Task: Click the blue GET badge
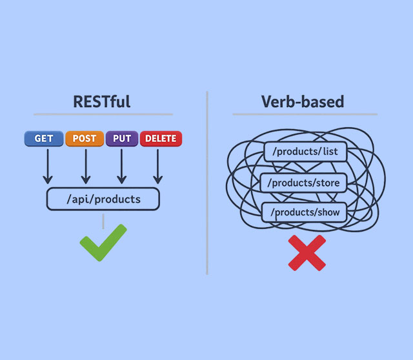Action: [x=44, y=139]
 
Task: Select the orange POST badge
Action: [x=84, y=139]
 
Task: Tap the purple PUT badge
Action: [x=121, y=139]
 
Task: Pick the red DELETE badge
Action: [x=161, y=139]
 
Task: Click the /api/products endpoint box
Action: [x=103, y=199]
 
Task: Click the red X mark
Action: [x=307, y=252]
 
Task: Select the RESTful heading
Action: [x=102, y=101]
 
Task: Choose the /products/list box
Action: [x=306, y=152]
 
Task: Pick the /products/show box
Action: [x=306, y=212]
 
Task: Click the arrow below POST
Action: [x=85, y=166]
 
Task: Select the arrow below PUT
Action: [x=121, y=166]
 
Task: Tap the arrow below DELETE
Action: [x=157, y=166]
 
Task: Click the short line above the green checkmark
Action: [x=103, y=221]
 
